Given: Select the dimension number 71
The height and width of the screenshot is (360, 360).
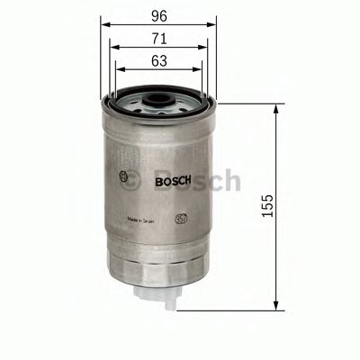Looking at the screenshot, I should (x=158, y=40).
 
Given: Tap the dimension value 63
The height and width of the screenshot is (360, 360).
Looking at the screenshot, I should (x=158, y=62).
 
